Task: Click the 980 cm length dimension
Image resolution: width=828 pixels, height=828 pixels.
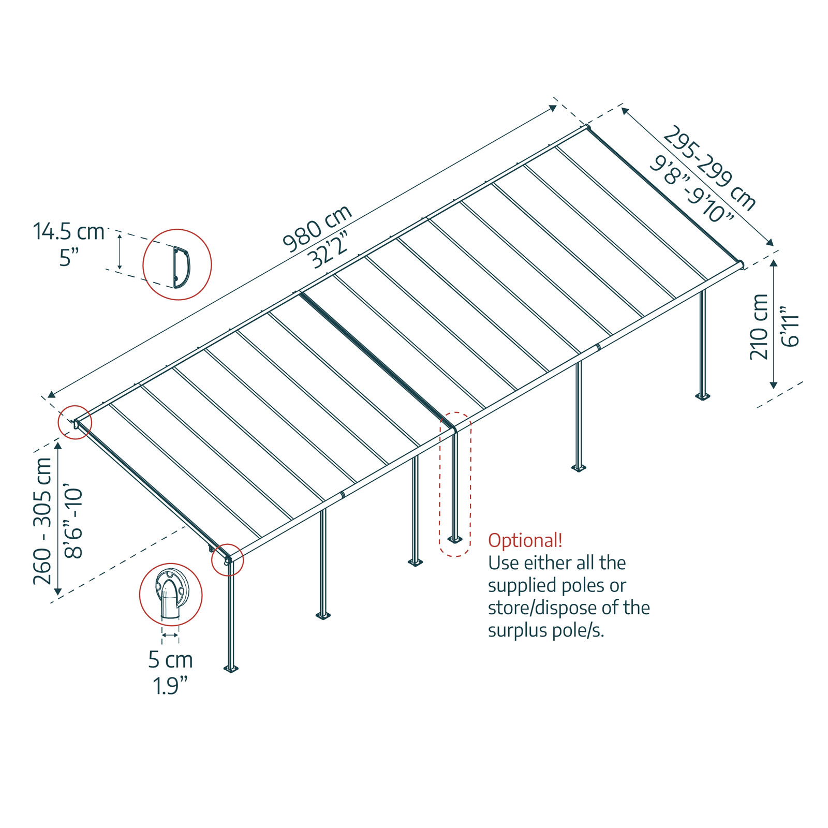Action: (x=317, y=228)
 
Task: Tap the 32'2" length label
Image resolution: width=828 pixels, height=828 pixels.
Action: (x=329, y=250)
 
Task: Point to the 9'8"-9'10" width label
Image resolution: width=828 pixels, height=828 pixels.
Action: (x=691, y=189)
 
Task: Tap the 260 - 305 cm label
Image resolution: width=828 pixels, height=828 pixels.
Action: (x=42, y=520)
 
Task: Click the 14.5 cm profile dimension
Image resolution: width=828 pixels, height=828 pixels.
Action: (x=68, y=231)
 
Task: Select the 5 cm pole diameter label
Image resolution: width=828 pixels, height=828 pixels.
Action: (x=170, y=660)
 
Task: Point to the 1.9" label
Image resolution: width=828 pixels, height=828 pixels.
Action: (x=170, y=686)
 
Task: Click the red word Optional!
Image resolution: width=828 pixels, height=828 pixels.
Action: (x=525, y=540)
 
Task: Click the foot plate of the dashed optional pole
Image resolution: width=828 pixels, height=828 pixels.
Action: (x=455, y=539)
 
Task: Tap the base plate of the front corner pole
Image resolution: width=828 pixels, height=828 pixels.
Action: (x=231, y=669)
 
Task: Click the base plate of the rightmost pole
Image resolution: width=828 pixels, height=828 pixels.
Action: (x=702, y=396)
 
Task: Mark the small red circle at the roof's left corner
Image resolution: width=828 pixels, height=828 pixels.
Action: (x=75, y=422)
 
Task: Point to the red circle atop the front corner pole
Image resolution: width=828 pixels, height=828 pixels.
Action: (x=227, y=560)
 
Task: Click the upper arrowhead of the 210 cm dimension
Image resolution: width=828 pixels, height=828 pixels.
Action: (x=774, y=262)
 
